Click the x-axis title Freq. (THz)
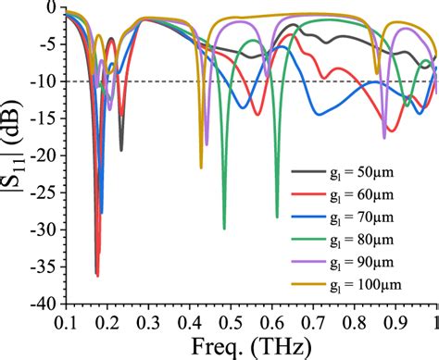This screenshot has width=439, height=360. point(251,347)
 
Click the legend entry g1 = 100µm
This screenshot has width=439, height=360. point(353,282)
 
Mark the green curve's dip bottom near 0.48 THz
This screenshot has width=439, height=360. point(224,228)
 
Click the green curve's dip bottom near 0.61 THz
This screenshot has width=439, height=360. point(277,217)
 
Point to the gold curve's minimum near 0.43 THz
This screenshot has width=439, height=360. point(201,168)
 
